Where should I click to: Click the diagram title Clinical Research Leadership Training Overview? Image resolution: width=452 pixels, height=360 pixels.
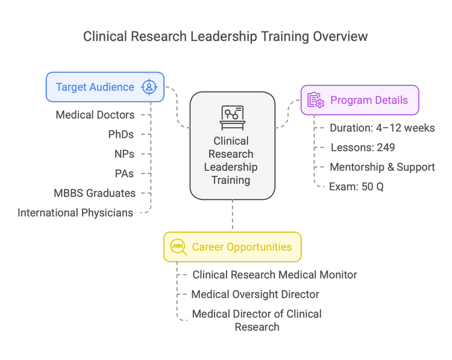click(225, 37)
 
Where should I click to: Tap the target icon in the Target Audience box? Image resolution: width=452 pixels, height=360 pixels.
click(148, 87)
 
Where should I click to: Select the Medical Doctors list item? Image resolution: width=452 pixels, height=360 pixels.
click(95, 114)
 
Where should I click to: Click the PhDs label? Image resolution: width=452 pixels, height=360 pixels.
click(121, 134)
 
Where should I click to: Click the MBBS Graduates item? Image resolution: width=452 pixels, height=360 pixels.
click(95, 193)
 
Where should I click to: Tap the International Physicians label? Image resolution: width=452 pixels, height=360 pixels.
click(75, 213)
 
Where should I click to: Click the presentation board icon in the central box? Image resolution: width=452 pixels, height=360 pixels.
click(232, 117)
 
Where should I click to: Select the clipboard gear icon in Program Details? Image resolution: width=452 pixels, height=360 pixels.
click(316, 101)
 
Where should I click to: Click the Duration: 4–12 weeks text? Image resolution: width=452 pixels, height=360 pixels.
click(382, 128)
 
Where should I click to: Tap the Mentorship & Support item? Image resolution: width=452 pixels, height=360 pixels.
click(382, 167)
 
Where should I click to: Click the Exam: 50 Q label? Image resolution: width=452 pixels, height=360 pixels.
click(356, 187)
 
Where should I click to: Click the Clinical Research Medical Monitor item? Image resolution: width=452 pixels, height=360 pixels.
click(274, 275)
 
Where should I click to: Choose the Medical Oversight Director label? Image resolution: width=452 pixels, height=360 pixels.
click(255, 294)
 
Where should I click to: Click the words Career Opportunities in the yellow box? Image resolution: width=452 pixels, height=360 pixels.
click(242, 247)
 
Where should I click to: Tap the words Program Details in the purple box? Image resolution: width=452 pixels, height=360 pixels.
click(369, 101)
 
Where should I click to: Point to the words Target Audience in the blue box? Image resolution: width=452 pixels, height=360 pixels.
click(95, 87)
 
